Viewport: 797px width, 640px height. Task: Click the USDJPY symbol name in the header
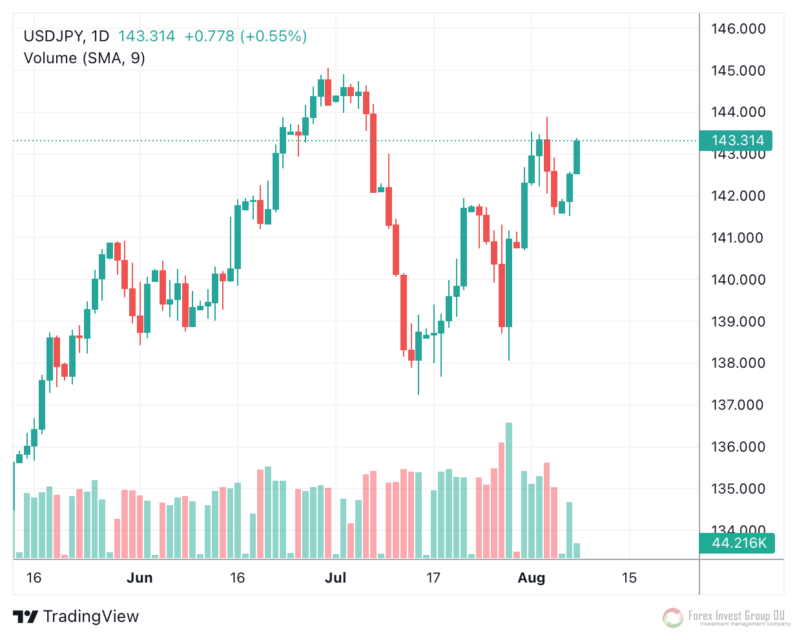(54, 36)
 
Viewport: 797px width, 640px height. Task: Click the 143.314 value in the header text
(147, 36)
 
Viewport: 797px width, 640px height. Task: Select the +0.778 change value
(209, 36)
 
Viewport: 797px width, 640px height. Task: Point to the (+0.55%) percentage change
(273, 36)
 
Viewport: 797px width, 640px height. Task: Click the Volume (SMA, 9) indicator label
(84, 58)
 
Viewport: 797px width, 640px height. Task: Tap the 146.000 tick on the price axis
(738, 28)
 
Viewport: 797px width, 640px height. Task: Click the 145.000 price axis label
(738, 70)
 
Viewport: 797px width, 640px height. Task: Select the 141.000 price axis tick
(738, 238)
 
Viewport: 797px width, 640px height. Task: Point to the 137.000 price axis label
(738, 405)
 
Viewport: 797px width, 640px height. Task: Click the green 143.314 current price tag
(737, 141)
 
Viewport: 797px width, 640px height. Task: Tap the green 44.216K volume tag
(738, 543)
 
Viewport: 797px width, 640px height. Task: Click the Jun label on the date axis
(140, 578)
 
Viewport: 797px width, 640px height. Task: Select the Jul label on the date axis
(335, 578)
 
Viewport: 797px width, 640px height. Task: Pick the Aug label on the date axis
(532, 578)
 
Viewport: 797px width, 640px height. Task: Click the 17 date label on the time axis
(433, 578)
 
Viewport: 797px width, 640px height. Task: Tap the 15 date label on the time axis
(629, 578)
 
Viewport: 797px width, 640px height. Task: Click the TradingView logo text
(90, 617)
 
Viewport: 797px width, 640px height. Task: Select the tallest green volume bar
(509, 490)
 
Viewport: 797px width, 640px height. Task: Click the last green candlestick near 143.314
(576, 157)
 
